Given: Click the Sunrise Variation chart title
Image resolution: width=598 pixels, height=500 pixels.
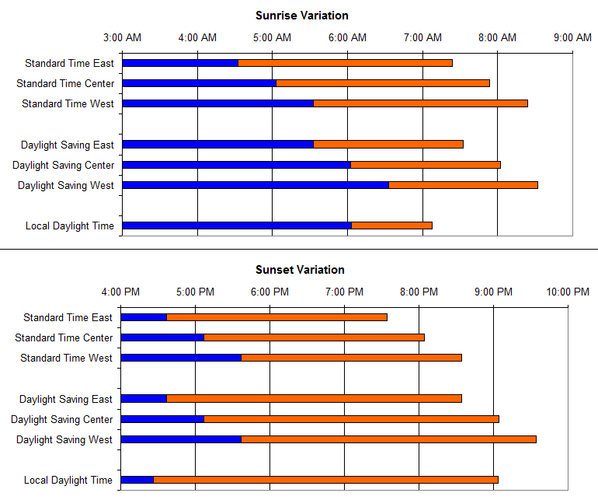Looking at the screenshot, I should [301, 16].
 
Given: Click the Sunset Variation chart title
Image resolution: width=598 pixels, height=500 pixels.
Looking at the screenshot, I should [300, 270].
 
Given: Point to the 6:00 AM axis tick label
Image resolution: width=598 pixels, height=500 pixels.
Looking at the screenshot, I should [347, 37].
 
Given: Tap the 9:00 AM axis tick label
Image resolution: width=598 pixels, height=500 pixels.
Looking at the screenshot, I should [572, 37].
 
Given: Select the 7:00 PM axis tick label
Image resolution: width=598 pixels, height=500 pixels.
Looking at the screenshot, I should [344, 292].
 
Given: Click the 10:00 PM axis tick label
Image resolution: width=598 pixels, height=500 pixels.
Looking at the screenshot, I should [568, 292].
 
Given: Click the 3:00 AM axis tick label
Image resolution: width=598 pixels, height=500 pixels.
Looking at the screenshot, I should [122, 37].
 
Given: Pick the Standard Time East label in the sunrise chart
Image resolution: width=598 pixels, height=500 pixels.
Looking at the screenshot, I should [69, 63].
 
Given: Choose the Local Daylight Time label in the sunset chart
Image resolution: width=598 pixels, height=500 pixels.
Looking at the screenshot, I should [68, 481].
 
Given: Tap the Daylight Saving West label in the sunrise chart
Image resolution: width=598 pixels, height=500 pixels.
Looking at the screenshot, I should [66, 185].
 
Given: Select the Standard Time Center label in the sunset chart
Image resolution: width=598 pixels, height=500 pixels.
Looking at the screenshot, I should [64, 337].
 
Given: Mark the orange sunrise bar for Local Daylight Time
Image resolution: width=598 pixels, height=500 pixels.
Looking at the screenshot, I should [391, 226].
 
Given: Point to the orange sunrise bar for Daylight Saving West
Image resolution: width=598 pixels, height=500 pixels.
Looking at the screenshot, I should [463, 185].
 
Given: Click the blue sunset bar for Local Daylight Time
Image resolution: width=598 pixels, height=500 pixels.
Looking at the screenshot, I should [137, 480].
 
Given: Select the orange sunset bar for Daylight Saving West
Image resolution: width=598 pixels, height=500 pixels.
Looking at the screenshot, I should [388, 439].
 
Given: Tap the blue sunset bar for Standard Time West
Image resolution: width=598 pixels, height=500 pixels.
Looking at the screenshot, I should [181, 358].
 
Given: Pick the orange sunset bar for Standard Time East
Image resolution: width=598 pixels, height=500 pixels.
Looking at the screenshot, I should [276, 317].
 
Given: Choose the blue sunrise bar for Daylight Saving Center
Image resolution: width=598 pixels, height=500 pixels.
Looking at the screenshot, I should [236, 165].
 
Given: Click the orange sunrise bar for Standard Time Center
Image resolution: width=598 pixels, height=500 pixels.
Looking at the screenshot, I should [383, 83].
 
